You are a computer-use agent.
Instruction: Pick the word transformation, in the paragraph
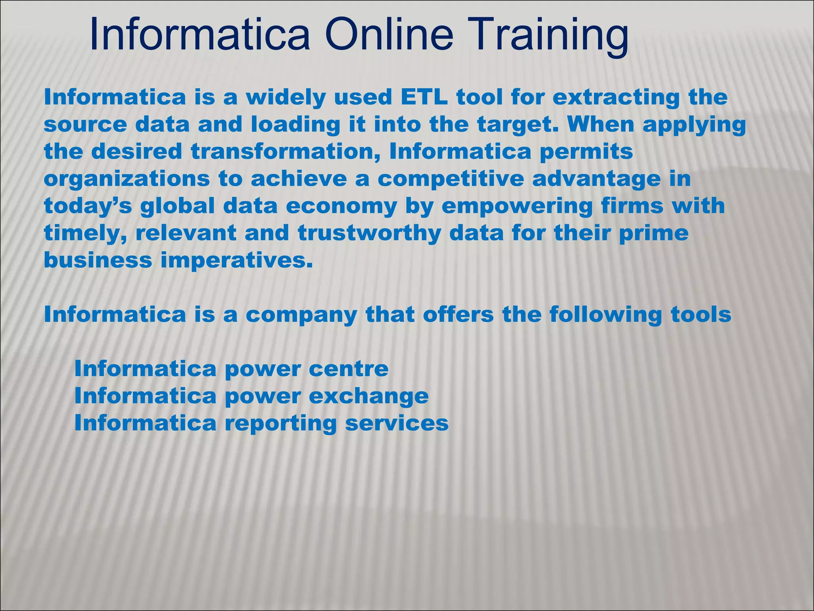coord(286,152)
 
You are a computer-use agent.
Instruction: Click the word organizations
coord(127,179)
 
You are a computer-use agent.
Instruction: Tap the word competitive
coord(451,179)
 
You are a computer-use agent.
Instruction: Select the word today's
coord(87,206)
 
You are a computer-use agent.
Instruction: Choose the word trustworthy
coord(370,233)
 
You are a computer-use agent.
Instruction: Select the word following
coord(606,315)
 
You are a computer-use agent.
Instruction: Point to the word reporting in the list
coord(281,424)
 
